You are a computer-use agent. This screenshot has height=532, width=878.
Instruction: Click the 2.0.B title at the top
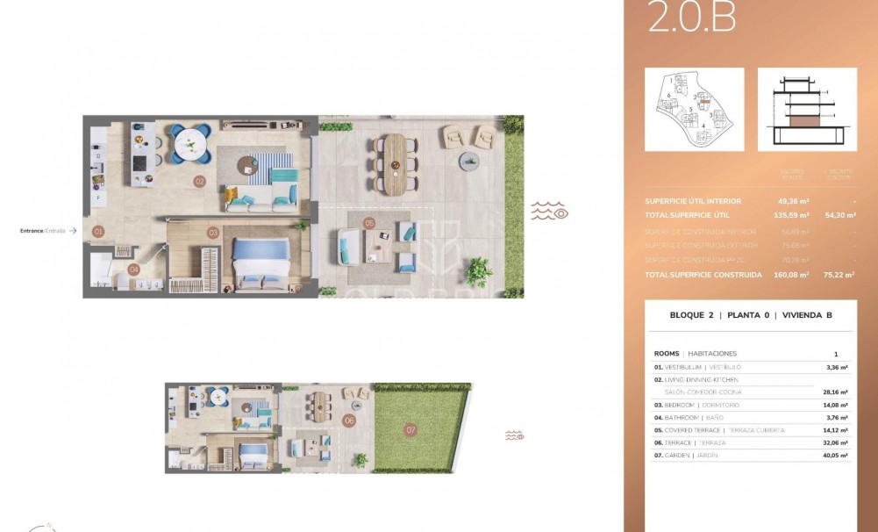pyautogui.click(x=692, y=18)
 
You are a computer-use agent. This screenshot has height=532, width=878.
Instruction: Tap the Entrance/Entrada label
pyautogui.click(x=44, y=231)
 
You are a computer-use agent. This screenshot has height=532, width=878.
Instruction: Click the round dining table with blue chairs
pyautogui.click(x=190, y=142)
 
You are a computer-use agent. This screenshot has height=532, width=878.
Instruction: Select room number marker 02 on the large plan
pyautogui.click(x=200, y=182)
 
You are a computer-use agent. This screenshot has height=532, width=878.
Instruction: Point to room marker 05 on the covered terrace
pyautogui.click(x=369, y=223)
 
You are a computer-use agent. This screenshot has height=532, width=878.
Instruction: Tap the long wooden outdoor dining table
pyautogui.click(x=396, y=162)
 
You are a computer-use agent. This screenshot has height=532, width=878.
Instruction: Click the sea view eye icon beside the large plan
pyautogui.click(x=550, y=211)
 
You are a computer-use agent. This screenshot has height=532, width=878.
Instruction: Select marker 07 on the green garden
pyautogui.click(x=410, y=430)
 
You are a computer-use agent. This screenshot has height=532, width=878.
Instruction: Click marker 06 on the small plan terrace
pyautogui.click(x=349, y=421)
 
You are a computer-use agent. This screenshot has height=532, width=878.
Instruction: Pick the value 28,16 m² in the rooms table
pyautogui.click(x=834, y=392)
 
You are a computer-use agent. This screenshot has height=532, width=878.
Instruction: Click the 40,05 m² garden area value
pyautogui.click(x=834, y=456)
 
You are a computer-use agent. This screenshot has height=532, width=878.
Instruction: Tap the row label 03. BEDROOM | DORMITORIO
pyautogui.click(x=697, y=405)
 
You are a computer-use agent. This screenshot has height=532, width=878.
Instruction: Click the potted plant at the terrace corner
pyautogui.click(x=478, y=270)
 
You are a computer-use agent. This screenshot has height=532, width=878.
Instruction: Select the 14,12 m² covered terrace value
pyautogui.click(x=834, y=430)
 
